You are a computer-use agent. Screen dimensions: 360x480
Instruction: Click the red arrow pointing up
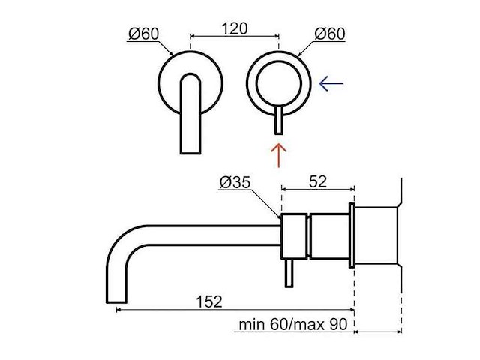point(279,156)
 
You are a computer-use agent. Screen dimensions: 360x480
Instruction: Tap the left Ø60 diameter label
point(142,34)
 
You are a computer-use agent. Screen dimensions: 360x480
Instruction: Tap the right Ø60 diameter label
point(329,34)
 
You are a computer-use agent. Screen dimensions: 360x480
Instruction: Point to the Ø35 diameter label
point(235,182)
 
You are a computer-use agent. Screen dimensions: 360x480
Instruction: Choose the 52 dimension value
point(317,181)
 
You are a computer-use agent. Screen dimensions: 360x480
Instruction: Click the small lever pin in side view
point(289,277)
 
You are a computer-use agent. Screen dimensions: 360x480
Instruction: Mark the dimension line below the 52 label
point(317,190)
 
